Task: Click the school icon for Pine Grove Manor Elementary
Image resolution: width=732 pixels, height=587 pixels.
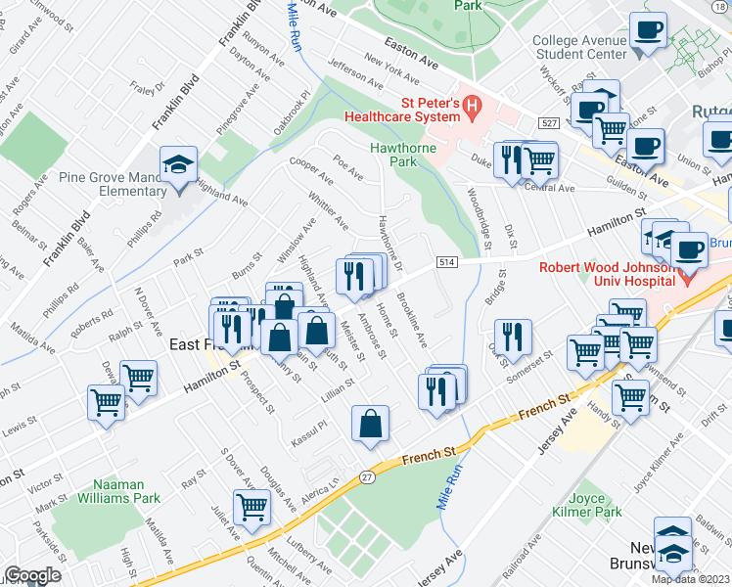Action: [x=179, y=164]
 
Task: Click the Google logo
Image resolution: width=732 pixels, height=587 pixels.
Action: [x=32, y=575]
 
